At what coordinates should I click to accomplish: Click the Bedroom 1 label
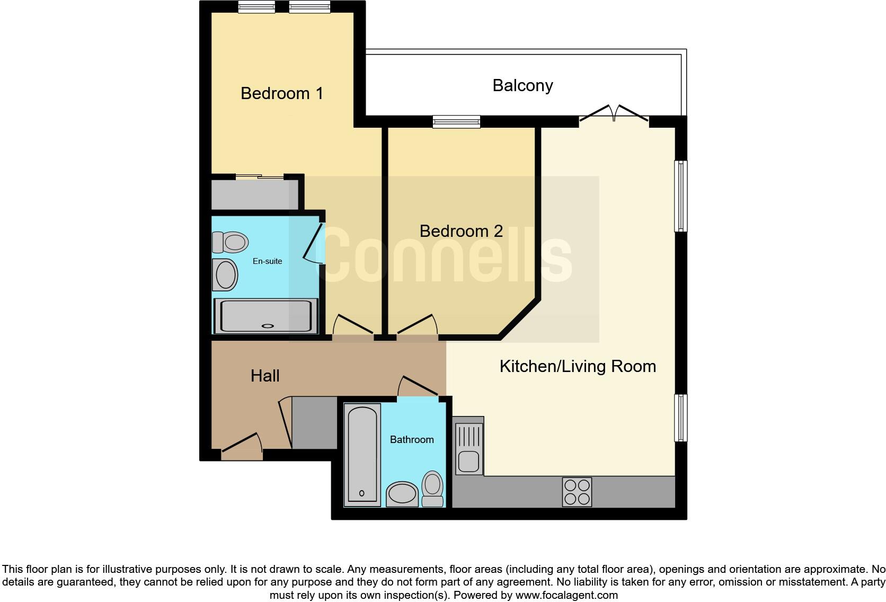coord(281,93)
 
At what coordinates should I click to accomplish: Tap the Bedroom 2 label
coord(460,231)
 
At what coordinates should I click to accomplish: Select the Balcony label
coord(522,85)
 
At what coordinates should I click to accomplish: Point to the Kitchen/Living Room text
coord(578,366)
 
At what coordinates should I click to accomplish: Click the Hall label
coord(265,376)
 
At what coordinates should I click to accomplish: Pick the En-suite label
coord(267,261)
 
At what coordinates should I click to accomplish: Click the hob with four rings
coord(577,492)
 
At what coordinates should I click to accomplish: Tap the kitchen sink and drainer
coord(468,445)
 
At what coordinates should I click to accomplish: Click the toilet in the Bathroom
coord(433,489)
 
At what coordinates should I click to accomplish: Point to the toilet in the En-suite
coord(231,242)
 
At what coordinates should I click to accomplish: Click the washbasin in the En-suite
coord(225,275)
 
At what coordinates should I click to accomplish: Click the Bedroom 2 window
coord(456,122)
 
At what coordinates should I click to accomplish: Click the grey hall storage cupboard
coord(314,422)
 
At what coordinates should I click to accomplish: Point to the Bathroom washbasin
coord(402,494)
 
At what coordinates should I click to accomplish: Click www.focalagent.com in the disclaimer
coord(566,595)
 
